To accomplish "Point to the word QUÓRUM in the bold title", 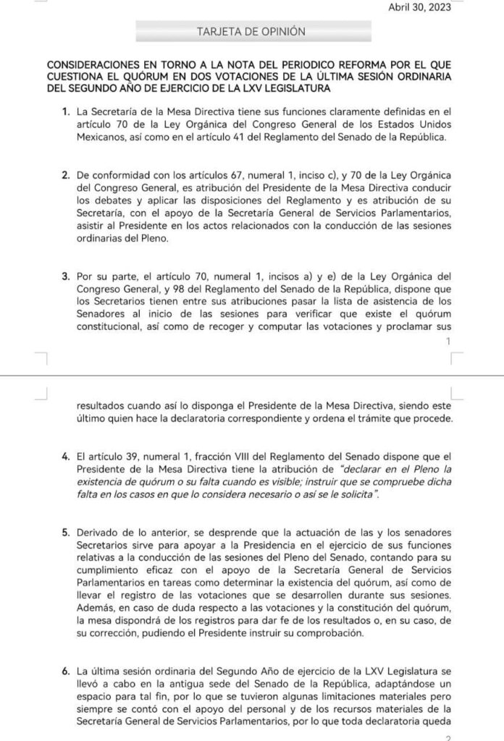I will (x=150, y=76).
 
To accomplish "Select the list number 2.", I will (x=66, y=176).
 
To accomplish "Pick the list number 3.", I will (x=66, y=276).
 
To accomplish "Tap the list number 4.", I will (x=66, y=456).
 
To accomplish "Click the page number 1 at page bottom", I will (x=449, y=341).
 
